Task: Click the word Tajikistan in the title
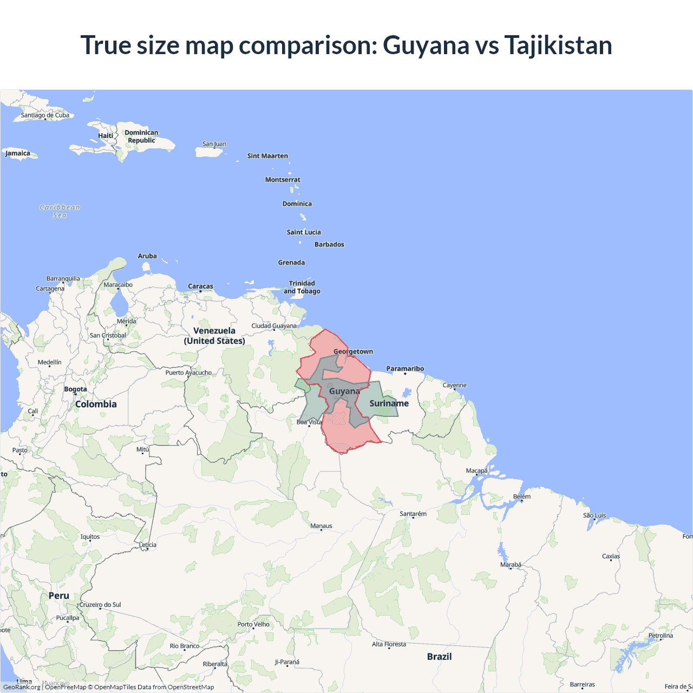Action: [558, 45]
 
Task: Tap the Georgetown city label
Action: [353, 351]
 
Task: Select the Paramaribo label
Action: [405, 369]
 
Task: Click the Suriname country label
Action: [389, 403]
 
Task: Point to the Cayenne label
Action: [454, 385]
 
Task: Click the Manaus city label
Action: [321, 526]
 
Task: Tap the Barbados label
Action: [329, 244]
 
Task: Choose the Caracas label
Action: [200, 286]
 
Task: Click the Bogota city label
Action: [75, 389]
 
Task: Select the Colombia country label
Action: [96, 404]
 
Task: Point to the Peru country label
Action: [58, 596]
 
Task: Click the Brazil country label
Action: [439, 656]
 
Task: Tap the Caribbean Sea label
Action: [60, 211]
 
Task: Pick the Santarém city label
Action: [413, 514]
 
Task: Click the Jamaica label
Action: [18, 153]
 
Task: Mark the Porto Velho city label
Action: [253, 624]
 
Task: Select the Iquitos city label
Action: [90, 537]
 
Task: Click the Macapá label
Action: [476, 470]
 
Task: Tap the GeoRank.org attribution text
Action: [22, 687]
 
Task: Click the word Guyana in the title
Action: [426, 45]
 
